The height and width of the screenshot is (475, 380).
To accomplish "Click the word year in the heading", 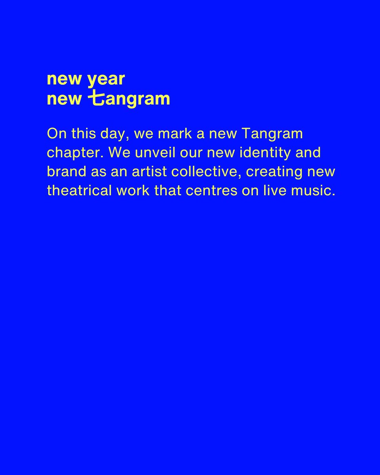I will [106, 80].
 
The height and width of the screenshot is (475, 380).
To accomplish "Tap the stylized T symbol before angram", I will [95, 98].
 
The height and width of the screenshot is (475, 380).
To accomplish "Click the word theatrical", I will [79, 190].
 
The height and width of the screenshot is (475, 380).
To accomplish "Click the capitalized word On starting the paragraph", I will [55, 133].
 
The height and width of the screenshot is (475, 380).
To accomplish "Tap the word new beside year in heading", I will [64, 80].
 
